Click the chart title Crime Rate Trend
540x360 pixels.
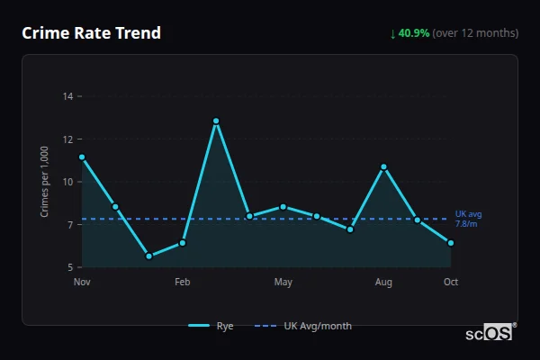pyautogui.click(x=91, y=33)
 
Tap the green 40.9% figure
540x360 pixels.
pyautogui.click(x=415, y=33)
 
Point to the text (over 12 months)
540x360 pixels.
pyautogui.click(x=475, y=33)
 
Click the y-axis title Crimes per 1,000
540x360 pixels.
pyautogui.click(x=45, y=181)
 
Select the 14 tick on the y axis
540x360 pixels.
pyautogui.click(x=68, y=95)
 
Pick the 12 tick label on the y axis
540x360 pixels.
pyautogui.click(x=68, y=139)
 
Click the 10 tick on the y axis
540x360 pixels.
pyautogui.click(x=68, y=181)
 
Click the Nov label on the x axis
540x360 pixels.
pyautogui.click(x=82, y=283)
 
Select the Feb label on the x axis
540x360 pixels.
pyautogui.click(x=183, y=283)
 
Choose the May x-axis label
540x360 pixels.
pyautogui.click(x=283, y=283)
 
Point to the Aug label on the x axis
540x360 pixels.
pyautogui.click(x=383, y=283)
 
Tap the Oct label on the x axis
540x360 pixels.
pyautogui.click(x=451, y=283)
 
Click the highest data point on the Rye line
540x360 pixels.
pyautogui.click(x=216, y=121)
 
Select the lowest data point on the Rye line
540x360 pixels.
pyautogui.click(x=149, y=256)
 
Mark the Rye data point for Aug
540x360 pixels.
pyautogui.click(x=383, y=166)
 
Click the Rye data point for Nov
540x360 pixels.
pyautogui.click(x=82, y=157)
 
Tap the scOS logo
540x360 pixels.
pyautogui.click(x=490, y=333)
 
